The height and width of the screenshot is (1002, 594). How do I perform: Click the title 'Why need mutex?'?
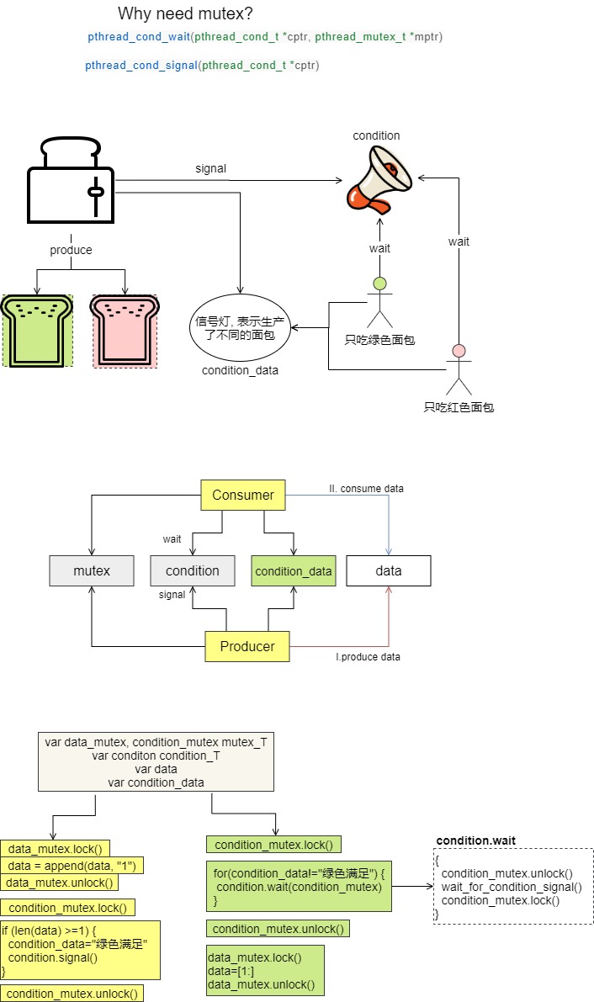pos(185,13)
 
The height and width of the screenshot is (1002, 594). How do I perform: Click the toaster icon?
pos(71,180)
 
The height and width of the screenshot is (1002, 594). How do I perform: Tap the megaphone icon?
pos(379,179)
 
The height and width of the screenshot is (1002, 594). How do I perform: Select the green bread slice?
pos(37,331)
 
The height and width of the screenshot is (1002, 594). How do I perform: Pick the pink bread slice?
pos(125,331)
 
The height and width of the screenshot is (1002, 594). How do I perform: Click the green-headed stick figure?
pos(379,302)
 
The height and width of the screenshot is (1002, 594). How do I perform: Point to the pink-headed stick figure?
pos(459,369)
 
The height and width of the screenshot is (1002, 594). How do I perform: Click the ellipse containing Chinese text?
pos(240,328)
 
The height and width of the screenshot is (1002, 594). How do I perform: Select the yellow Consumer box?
pos(243,496)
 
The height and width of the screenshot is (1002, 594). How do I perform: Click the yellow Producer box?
pos(247,646)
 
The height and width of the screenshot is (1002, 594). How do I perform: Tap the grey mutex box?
pos(92,570)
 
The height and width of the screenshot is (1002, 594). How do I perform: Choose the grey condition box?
pos(193,570)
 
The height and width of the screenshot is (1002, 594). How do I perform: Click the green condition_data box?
pos(294,570)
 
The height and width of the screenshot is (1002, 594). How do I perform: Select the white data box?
pos(389,570)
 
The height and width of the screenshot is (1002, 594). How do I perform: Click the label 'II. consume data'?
pos(366,489)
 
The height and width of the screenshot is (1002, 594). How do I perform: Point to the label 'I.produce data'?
pos(369,657)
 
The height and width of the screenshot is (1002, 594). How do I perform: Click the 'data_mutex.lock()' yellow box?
pos(55,849)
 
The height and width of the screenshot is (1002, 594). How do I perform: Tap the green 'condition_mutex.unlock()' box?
pos(278,929)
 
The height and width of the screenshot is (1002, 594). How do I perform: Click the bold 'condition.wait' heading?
pos(475,840)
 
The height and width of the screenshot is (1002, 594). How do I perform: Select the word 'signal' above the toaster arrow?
pos(211,169)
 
